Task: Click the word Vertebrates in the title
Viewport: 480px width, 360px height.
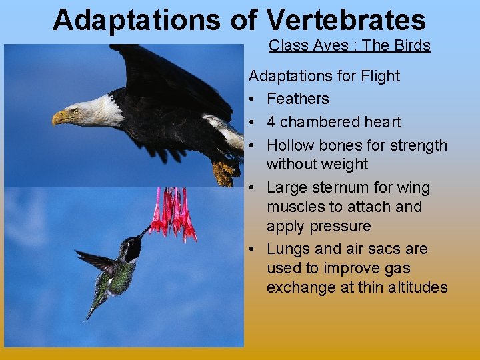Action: coord(346,20)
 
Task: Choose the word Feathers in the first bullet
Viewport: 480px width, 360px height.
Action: coord(298,99)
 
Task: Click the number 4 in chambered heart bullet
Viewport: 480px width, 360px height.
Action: coord(271,122)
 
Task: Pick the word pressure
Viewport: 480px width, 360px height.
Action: coord(343,226)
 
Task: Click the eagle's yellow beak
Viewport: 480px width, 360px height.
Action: coord(61,118)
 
